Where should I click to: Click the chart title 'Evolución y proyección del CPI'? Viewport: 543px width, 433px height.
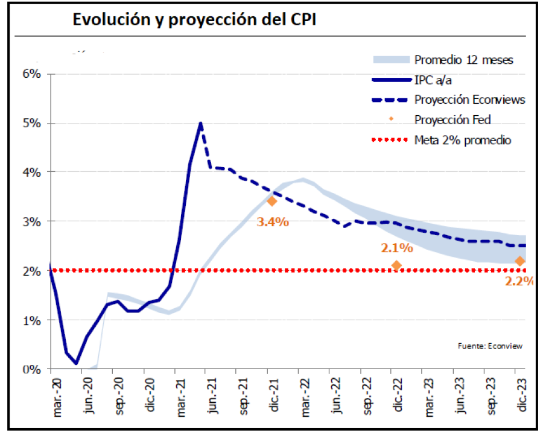point(195,19)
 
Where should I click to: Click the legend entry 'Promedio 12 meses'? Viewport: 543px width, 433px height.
point(463,60)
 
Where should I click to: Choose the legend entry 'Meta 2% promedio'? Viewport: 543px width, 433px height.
point(463,140)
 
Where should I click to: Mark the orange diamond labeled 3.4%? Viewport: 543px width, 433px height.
point(271,201)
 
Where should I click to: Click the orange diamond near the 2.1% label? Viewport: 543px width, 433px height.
point(396,265)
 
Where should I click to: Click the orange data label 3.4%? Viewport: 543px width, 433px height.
point(273,222)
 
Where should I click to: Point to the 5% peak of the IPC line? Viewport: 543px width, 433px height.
point(200,124)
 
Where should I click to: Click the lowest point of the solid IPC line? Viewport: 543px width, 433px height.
point(76,363)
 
